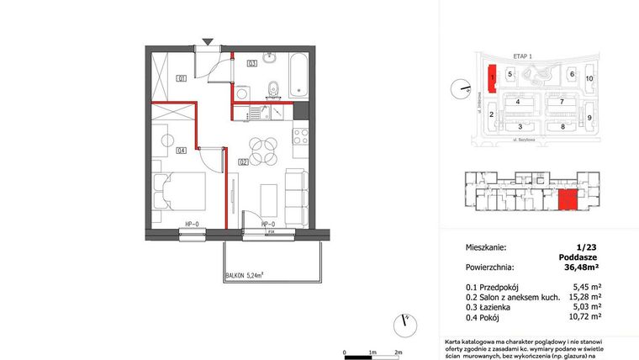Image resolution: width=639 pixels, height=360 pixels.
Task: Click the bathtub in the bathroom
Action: coord(298,75)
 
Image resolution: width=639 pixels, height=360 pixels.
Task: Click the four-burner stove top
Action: coord(298,136)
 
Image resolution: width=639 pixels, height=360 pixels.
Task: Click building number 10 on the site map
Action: coord(589,78)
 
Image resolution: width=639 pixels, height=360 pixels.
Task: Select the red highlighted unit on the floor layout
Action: coord(568,200)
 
